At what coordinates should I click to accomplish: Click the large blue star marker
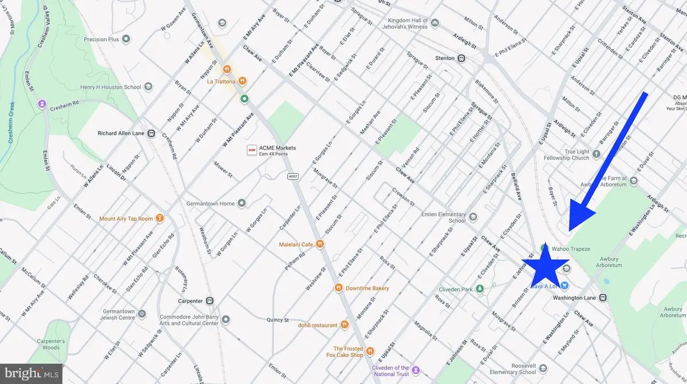(x=544, y=267)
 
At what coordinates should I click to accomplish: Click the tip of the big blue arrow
(x=570, y=229)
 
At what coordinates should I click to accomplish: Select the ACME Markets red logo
(x=251, y=150)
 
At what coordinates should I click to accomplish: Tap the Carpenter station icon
(x=210, y=300)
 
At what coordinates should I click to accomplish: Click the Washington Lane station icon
(x=603, y=298)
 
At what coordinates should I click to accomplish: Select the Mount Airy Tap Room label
(x=126, y=218)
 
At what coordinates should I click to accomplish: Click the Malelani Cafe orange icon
(x=321, y=244)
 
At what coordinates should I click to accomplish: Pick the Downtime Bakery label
(x=367, y=288)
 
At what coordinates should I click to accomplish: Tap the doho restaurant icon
(x=345, y=325)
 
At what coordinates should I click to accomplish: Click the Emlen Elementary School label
(x=449, y=217)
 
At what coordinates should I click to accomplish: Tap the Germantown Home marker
(x=242, y=203)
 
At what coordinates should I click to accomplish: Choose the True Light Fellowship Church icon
(x=596, y=153)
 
